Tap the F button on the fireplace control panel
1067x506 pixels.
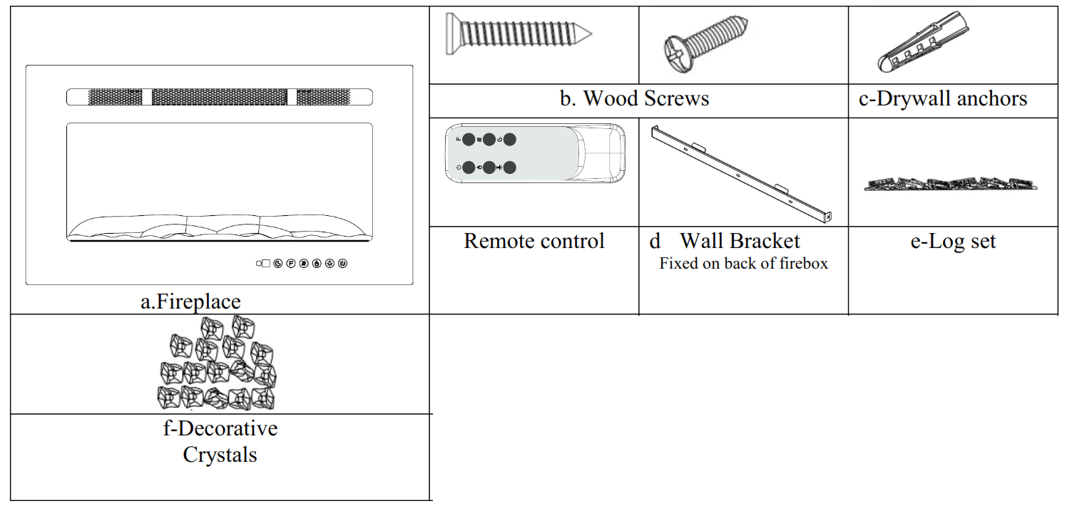coord(291,264)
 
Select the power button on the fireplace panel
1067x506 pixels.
coord(342,264)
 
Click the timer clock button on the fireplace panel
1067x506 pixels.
coord(278,264)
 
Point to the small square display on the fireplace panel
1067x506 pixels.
coord(266,264)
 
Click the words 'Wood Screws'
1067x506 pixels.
coord(645,98)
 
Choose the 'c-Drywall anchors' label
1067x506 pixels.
coord(943,98)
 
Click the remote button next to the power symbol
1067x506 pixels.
coord(469,167)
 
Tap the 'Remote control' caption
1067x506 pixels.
coord(533,241)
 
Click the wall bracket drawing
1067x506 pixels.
coord(742,171)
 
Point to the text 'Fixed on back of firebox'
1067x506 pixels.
coord(743,264)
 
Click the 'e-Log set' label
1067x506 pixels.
coord(953,241)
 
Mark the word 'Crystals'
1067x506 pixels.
coord(220,455)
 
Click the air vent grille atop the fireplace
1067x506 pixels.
coord(220,97)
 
